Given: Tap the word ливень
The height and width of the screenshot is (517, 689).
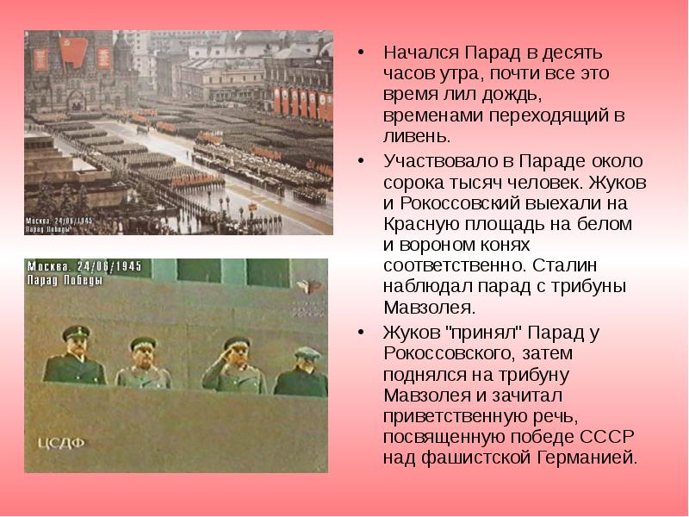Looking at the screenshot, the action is [x=417, y=136].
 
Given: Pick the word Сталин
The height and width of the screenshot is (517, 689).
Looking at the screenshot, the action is [x=565, y=265].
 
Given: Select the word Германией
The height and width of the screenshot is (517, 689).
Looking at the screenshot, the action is [x=587, y=458].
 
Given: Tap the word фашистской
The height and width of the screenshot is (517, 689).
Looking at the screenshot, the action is [x=477, y=458].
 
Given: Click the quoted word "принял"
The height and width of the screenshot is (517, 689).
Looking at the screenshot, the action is [x=483, y=333].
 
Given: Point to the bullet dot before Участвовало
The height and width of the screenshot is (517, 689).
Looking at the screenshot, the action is [x=361, y=161].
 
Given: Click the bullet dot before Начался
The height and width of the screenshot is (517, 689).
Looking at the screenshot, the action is [x=361, y=53].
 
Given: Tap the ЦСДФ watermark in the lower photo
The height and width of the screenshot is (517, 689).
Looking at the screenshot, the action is [x=60, y=443].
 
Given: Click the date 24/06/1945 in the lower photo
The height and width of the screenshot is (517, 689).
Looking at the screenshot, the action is [x=109, y=266].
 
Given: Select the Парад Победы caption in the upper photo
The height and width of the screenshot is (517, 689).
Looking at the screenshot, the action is [x=47, y=229].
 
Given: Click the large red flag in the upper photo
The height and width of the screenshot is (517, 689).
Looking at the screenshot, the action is [x=74, y=53].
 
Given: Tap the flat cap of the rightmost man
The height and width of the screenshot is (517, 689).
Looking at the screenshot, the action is [x=307, y=352].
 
